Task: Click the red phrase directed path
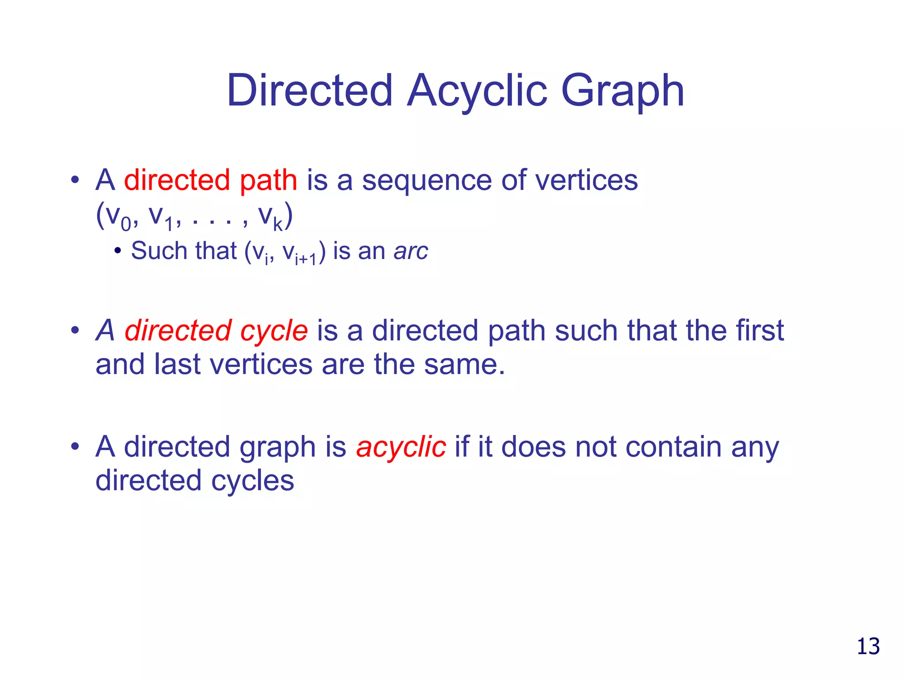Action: (210, 180)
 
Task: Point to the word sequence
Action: (427, 181)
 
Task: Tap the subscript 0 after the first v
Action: (126, 224)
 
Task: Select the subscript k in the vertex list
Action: (278, 224)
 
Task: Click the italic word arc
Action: (411, 252)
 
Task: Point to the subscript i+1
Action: (306, 259)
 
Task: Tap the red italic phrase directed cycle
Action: (216, 331)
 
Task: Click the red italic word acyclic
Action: (401, 447)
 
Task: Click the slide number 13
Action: (868, 647)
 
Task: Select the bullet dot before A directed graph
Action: (75, 446)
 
